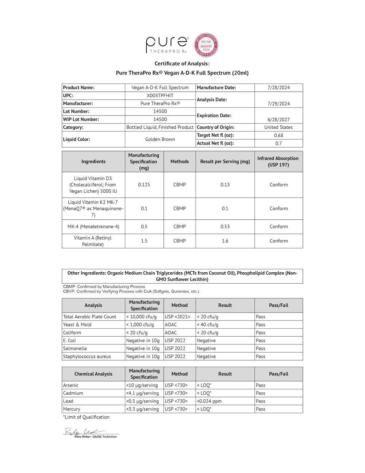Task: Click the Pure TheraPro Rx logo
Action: (167, 45)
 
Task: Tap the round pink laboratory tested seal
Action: (207, 45)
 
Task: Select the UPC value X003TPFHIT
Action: (160, 95)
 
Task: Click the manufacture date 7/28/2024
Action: (278, 87)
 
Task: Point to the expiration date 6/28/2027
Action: (278, 120)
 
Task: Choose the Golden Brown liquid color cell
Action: (160, 139)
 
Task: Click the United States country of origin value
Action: (278, 127)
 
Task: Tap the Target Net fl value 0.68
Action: (278, 135)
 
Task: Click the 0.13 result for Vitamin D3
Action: (225, 185)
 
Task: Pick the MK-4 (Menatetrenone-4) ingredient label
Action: (93, 227)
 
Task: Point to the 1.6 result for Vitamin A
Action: (225, 241)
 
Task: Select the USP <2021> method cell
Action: (177, 317)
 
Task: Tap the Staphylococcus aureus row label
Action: (87, 356)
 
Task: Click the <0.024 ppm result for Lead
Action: (209, 401)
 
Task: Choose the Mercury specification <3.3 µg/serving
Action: (142, 409)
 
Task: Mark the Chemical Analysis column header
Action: (93, 374)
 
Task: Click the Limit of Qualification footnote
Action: (86, 417)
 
